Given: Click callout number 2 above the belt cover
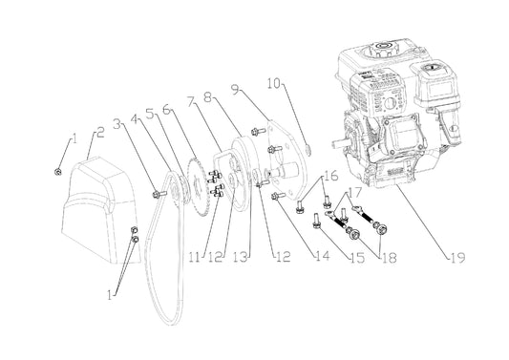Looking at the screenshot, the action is click(x=100, y=132).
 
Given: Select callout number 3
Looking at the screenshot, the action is click(x=117, y=124).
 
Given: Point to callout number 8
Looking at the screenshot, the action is click(x=208, y=96).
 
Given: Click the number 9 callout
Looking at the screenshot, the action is click(x=235, y=89).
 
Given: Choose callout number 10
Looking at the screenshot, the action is click(x=274, y=83).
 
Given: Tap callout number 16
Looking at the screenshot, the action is click(x=331, y=177).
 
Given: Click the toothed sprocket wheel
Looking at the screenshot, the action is click(x=198, y=187).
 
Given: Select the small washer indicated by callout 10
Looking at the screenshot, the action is click(x=308, y=150).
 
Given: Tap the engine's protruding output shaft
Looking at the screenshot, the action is click(x=340, y=143).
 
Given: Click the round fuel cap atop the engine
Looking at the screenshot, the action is click(x=385, y=49).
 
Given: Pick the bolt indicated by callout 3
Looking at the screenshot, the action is click(x=159, y=195).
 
